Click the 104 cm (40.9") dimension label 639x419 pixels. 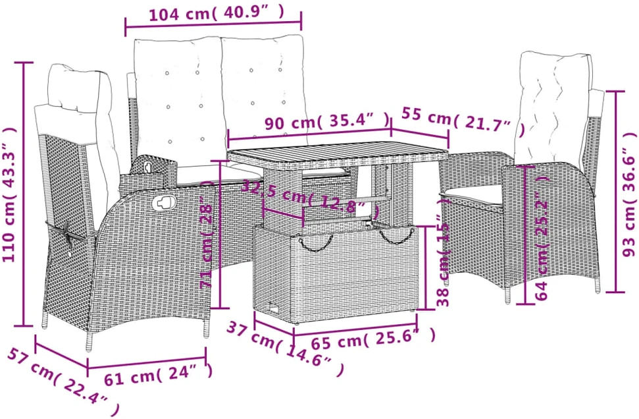[x=217, y=13]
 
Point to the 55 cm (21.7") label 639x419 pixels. [x=462, y=119]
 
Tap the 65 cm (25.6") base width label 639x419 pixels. [x=373, y=339]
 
